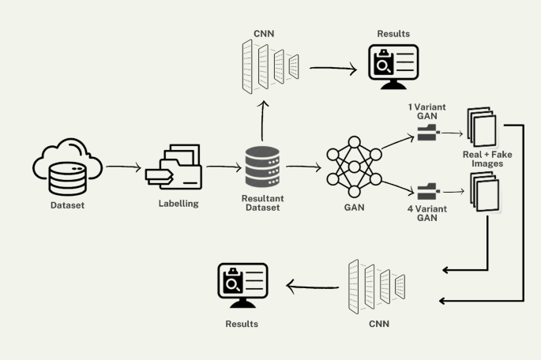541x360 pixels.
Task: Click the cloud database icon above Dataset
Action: [66, 167]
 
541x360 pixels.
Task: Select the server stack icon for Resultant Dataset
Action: [263, 167]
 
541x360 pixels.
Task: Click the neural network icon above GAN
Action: [353, 167]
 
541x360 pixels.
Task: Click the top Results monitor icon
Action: [393, 67]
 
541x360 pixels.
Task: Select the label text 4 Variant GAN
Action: [426, 212]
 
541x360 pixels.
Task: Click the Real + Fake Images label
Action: [487, 159]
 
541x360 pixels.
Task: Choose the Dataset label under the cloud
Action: [66, 206]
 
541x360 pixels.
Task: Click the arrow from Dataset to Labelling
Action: [123, 167]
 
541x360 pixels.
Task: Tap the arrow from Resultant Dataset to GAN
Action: [304, 167]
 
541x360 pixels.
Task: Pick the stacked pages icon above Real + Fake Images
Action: [481, 126]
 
